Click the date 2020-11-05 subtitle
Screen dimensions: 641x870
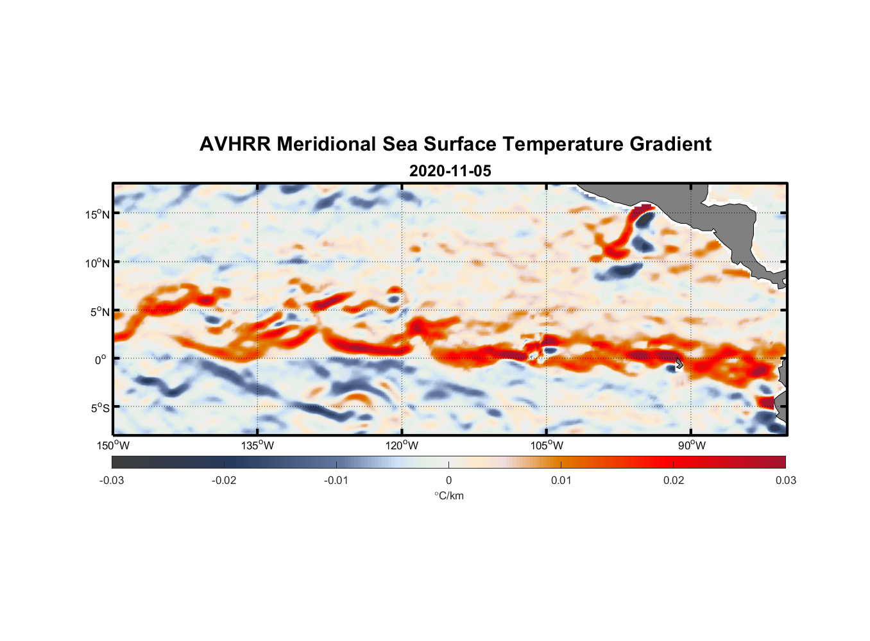click(450, 171)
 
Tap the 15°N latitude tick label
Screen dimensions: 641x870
click(98, 214)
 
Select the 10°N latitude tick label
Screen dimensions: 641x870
click(98, 263)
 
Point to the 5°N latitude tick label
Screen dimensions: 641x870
click(99, 312)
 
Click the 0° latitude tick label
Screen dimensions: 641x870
click(101, 360)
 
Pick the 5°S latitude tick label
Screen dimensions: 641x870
click(99, 408)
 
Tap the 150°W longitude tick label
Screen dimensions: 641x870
click(114, 445)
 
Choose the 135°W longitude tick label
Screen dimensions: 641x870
click(258, 445)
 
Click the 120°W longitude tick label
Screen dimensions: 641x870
click(402, 445)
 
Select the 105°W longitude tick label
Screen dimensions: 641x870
click(547, 445)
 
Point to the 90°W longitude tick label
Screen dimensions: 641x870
click(692, 445)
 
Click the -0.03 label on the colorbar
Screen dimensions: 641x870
click(112, 480)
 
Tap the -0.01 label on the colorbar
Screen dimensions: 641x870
click(336, 480)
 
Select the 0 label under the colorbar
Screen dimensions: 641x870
click(448, 480)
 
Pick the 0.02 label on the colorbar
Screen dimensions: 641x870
click(673, 480)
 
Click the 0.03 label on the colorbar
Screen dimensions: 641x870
click(785, 480)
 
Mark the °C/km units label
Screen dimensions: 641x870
click(448, 495)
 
